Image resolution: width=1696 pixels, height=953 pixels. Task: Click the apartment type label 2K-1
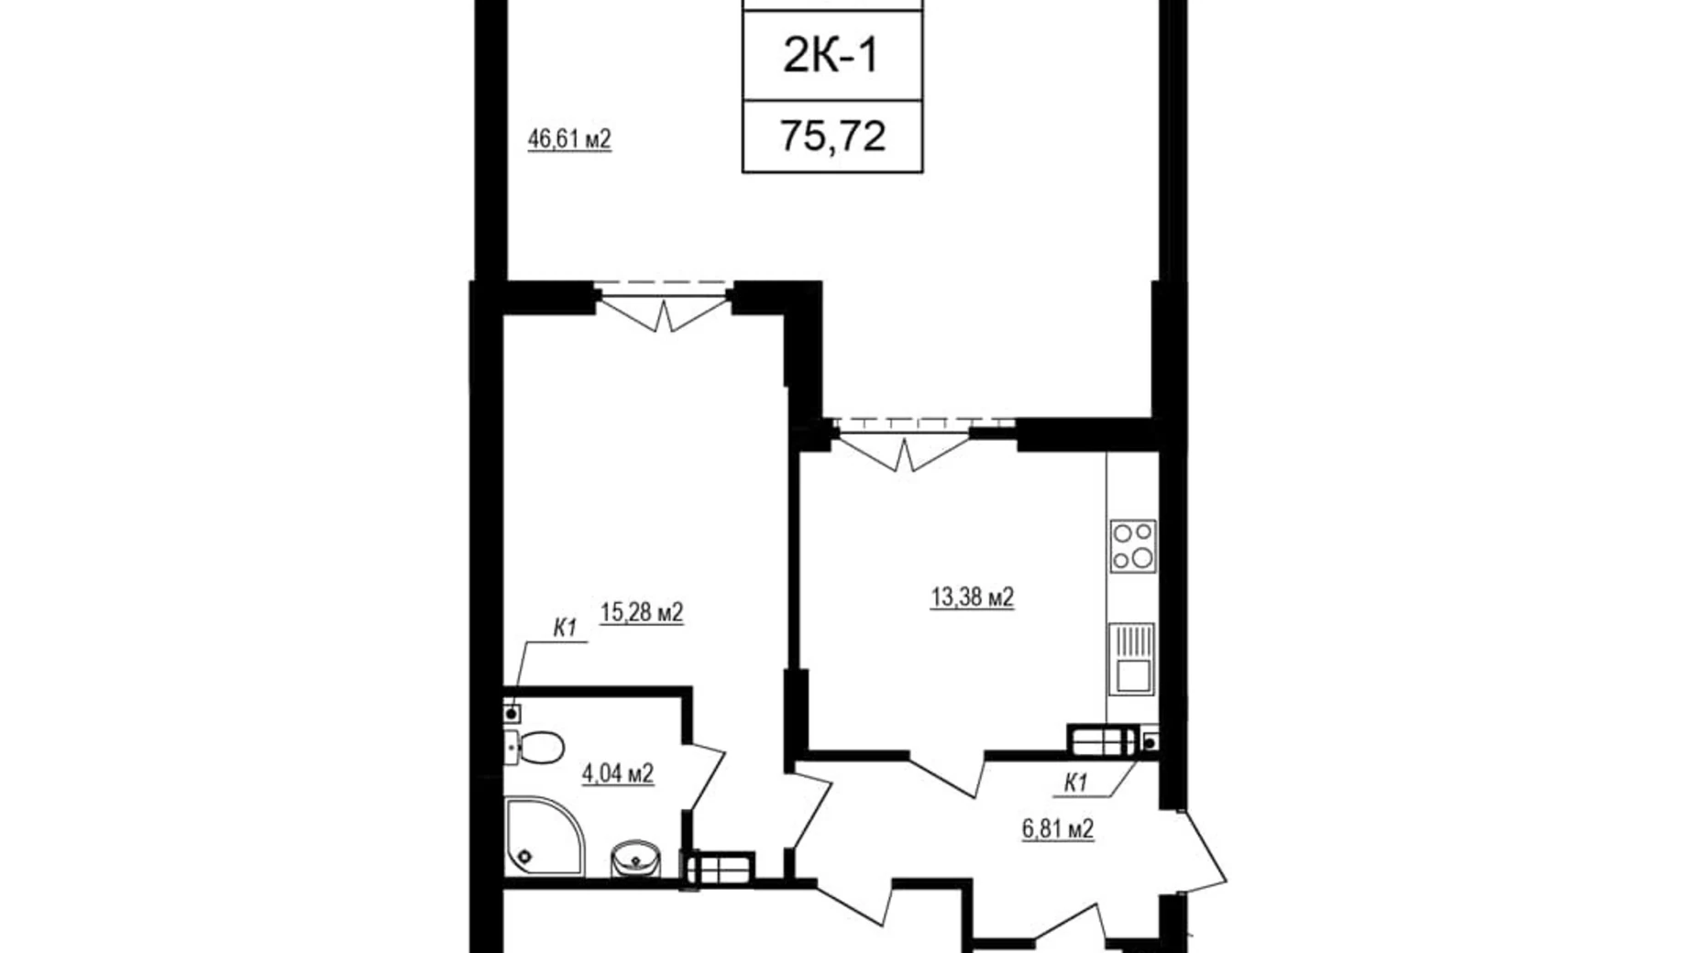(831, 55)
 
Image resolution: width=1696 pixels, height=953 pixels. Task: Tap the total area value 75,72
(832, 137)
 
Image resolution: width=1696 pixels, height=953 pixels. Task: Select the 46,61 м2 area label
(569, 139)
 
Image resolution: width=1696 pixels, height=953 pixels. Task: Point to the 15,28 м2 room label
(642, 612)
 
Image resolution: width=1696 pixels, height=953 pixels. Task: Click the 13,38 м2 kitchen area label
(972, 597)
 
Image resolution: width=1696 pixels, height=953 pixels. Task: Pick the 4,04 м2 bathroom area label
(618, 774)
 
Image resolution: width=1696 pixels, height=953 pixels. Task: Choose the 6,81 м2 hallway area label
(1058, 829)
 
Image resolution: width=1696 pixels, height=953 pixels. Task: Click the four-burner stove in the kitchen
(1133, 545)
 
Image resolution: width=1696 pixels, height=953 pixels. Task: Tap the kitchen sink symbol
(1132, 660)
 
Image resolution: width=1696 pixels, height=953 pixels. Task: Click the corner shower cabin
(544, 838)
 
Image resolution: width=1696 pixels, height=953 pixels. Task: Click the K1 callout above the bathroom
(564, 629)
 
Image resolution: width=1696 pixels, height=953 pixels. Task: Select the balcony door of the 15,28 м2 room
(664, 306)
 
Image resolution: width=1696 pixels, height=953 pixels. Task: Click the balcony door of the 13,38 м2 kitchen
(904, 444)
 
